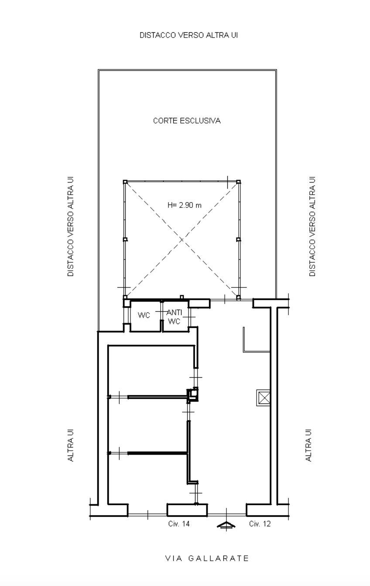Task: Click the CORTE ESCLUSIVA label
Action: [x=187, y=121]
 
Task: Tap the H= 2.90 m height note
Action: [x=185, y=205]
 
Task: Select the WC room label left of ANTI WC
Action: [x=144, y=315]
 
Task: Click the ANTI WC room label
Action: [x=174, y=317]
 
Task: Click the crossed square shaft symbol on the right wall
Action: [x=263, y=398]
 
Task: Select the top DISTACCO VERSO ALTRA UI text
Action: [x=188, y=35]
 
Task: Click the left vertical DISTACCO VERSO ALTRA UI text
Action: [x=71, y=226]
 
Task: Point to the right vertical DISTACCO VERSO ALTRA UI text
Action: [x=312, y=226]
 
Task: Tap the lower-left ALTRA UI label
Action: [x=71, y=445]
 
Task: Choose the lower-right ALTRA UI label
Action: [x=309, y=445]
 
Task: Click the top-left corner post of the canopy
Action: [x=125, y=182]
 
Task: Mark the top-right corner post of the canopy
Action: [x=238, y=182]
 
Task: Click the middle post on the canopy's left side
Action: [x=125, y=239]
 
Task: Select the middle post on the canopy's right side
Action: [x=238, y=239]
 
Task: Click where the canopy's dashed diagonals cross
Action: [x=182, y=240]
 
